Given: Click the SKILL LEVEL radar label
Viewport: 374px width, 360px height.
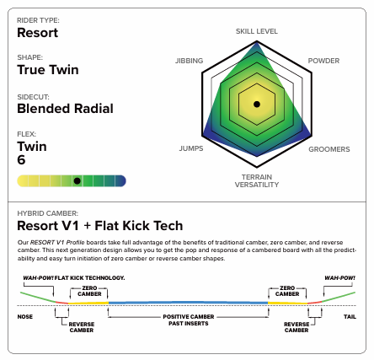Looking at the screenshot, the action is (257, 31).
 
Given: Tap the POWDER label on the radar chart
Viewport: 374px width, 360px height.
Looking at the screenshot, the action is (323, 61).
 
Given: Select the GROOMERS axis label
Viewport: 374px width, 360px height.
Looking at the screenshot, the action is (329, 149).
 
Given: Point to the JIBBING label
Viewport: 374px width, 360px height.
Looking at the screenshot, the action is (189, 61).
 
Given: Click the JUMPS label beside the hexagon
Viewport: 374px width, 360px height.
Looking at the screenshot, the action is (191, 148).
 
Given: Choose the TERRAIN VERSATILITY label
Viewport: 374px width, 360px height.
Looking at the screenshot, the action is (257, 180).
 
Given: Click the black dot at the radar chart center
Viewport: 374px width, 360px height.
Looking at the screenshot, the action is (257, 105).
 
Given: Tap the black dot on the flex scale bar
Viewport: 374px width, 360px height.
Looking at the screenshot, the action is (77, 181).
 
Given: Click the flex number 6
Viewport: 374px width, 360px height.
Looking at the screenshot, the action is (21, 160).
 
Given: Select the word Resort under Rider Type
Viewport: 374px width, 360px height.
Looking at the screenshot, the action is (38, 33).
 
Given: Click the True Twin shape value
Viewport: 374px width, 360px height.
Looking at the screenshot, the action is (48, 70).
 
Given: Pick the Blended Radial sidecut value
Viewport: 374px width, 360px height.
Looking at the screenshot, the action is (65, 109).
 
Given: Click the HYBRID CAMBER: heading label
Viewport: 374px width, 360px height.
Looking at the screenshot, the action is (48, 213).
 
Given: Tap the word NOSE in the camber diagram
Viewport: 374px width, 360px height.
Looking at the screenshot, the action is (25, 317).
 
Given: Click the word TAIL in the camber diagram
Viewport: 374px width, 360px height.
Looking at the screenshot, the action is (350, 317).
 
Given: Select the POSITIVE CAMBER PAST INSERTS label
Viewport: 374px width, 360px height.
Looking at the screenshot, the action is (189, 320).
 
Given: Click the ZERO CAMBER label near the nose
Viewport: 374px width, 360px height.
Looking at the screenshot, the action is (89, 291).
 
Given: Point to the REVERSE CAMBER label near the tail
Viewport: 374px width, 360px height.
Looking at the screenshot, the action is (297, 327).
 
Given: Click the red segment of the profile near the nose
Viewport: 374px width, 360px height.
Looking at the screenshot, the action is (61, 303).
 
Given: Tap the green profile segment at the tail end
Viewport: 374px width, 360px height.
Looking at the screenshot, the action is (339, 298).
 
